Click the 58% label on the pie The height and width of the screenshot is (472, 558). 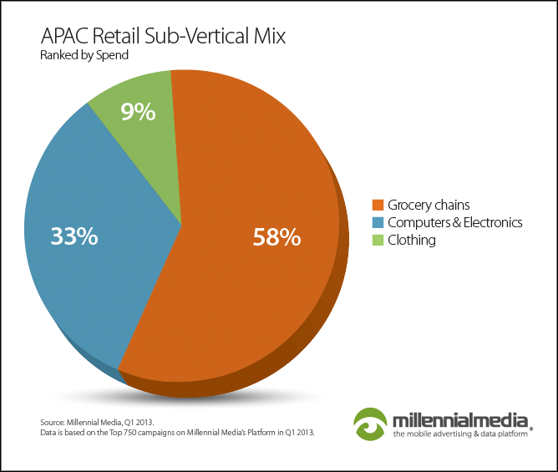pos(276,237)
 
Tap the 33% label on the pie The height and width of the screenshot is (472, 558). pos(74,236)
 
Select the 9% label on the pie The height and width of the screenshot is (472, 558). pos(138,112)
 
